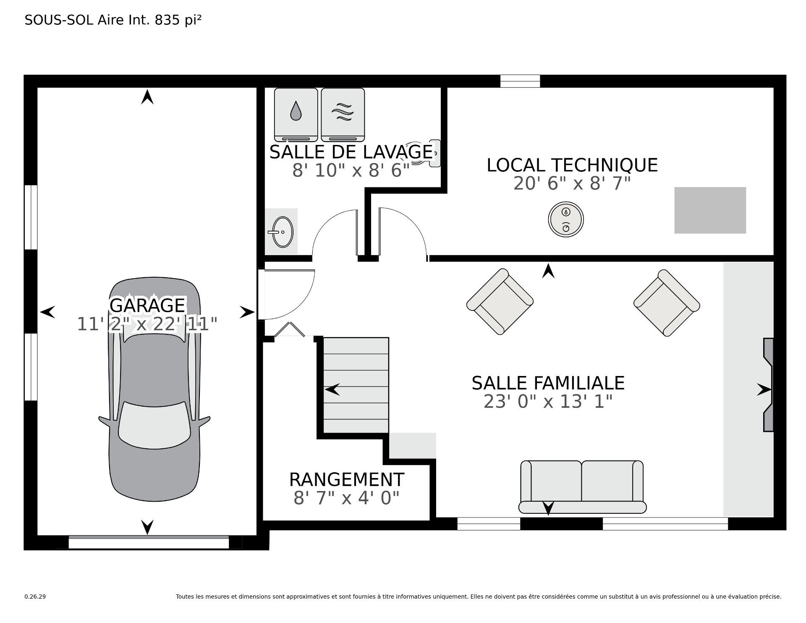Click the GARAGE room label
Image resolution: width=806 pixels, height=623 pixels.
point(147,305)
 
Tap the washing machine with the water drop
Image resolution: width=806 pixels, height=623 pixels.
point(296,115)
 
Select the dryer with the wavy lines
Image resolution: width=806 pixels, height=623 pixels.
point(343,115)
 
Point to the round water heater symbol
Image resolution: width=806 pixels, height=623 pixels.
point(566,219)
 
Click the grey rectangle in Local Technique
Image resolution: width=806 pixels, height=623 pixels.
point(710,210)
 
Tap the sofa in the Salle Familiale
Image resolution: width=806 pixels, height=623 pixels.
point(582,487)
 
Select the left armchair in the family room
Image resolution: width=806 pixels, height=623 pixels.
point(500,302)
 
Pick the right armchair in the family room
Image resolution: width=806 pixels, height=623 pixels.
point(667,302)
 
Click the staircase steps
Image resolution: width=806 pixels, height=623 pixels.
point(356,385)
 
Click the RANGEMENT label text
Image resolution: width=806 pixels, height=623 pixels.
point(347,479)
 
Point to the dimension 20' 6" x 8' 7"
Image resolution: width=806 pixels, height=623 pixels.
point(572,183)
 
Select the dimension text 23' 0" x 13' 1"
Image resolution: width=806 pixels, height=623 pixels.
point(548,401)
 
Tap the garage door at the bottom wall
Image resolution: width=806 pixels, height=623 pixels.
point(149,542)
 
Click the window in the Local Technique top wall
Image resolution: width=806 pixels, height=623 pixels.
point(520,81)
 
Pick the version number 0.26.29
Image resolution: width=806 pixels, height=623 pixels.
point(35,597)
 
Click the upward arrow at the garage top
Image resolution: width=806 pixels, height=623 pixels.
point(147,97)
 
